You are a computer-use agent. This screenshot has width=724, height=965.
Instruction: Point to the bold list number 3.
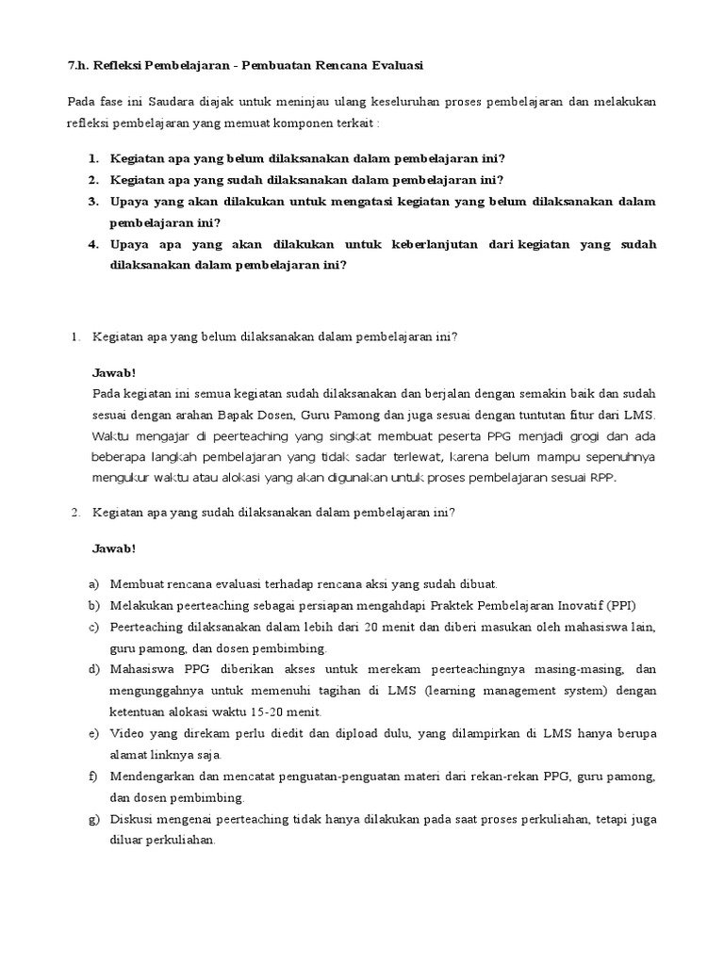click(x=94, y=202)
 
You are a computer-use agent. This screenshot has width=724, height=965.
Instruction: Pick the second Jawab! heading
click(x=114, y=548)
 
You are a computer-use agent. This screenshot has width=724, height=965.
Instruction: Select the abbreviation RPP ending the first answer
click(x=602, y=477)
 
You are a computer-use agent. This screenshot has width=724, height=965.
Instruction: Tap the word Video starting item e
click(x=127, y=733)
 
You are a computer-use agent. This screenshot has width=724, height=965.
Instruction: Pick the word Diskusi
click(x=132, y=819)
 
